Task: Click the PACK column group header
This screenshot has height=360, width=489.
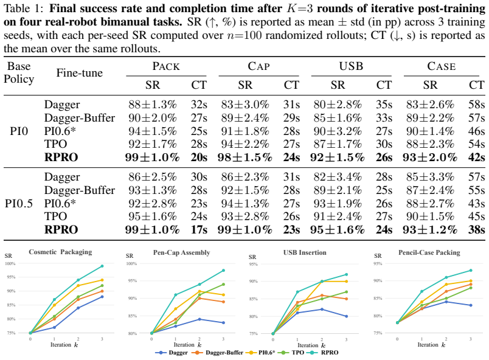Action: click(166, 66)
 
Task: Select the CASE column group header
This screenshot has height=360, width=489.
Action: click(442, 66)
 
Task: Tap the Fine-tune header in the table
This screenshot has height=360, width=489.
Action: click(80, 72)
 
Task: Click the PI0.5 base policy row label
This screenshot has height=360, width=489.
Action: click(19, 203)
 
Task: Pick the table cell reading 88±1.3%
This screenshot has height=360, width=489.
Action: click(153, 105)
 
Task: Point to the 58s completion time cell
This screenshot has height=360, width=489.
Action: click(476, 105)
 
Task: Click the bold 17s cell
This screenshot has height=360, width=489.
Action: click(199, 230)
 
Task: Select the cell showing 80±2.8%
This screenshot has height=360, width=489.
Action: click(338, 105)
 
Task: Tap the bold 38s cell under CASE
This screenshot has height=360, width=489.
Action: click(476, 230)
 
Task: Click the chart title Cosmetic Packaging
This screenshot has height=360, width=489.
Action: click(60, 252)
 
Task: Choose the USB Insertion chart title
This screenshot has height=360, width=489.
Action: click(305, 252)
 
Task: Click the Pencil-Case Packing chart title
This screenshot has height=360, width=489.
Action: click(429, 252)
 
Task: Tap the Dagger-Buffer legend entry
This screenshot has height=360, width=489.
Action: click(217, 353)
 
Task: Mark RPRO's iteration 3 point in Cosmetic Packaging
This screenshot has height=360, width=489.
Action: click(102, 266)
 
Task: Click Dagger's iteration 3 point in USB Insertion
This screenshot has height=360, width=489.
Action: click(346, 316)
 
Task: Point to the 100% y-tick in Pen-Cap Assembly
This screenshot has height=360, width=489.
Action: click(131, 264)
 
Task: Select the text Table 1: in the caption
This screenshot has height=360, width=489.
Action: click(24, 9)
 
